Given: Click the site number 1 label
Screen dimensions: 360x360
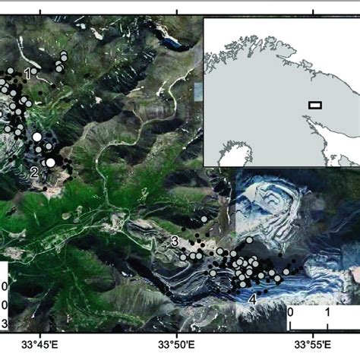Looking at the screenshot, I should click(27, 74).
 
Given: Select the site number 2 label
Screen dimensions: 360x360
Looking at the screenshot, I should click(34, 172).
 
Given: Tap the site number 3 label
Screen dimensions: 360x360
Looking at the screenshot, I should click(175, 242).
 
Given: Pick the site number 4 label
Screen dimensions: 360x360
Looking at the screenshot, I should click(252, 298).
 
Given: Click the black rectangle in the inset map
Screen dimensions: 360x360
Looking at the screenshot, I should click(314, 106).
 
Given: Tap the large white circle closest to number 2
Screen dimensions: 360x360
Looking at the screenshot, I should click(50, 162).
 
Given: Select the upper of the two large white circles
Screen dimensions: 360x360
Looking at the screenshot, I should click(36, 137).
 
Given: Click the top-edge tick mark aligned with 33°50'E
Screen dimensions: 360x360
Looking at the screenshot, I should click(177, 10).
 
